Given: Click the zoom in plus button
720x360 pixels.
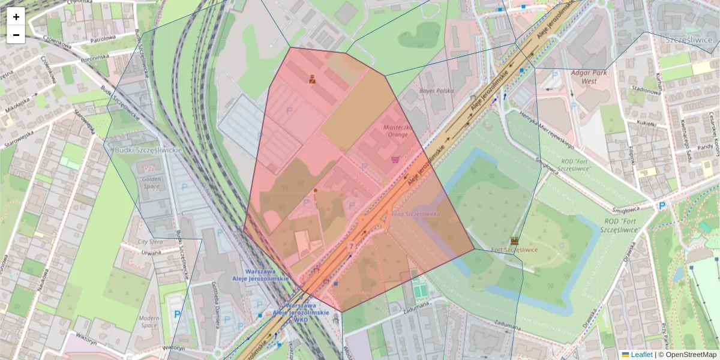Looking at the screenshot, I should click(16, 16).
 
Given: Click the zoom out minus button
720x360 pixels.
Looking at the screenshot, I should click(16, 35).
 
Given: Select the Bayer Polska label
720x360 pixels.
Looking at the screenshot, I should click(436, 91).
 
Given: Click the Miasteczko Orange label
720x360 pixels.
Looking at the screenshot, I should click(396, 131).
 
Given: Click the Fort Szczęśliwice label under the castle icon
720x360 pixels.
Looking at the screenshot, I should click(514, 250).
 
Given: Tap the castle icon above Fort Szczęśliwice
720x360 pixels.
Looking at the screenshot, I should click(514, 240).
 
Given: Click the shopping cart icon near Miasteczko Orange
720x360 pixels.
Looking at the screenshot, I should click(395, 160).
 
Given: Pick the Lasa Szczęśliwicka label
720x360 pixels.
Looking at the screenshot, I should click(416, 214).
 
